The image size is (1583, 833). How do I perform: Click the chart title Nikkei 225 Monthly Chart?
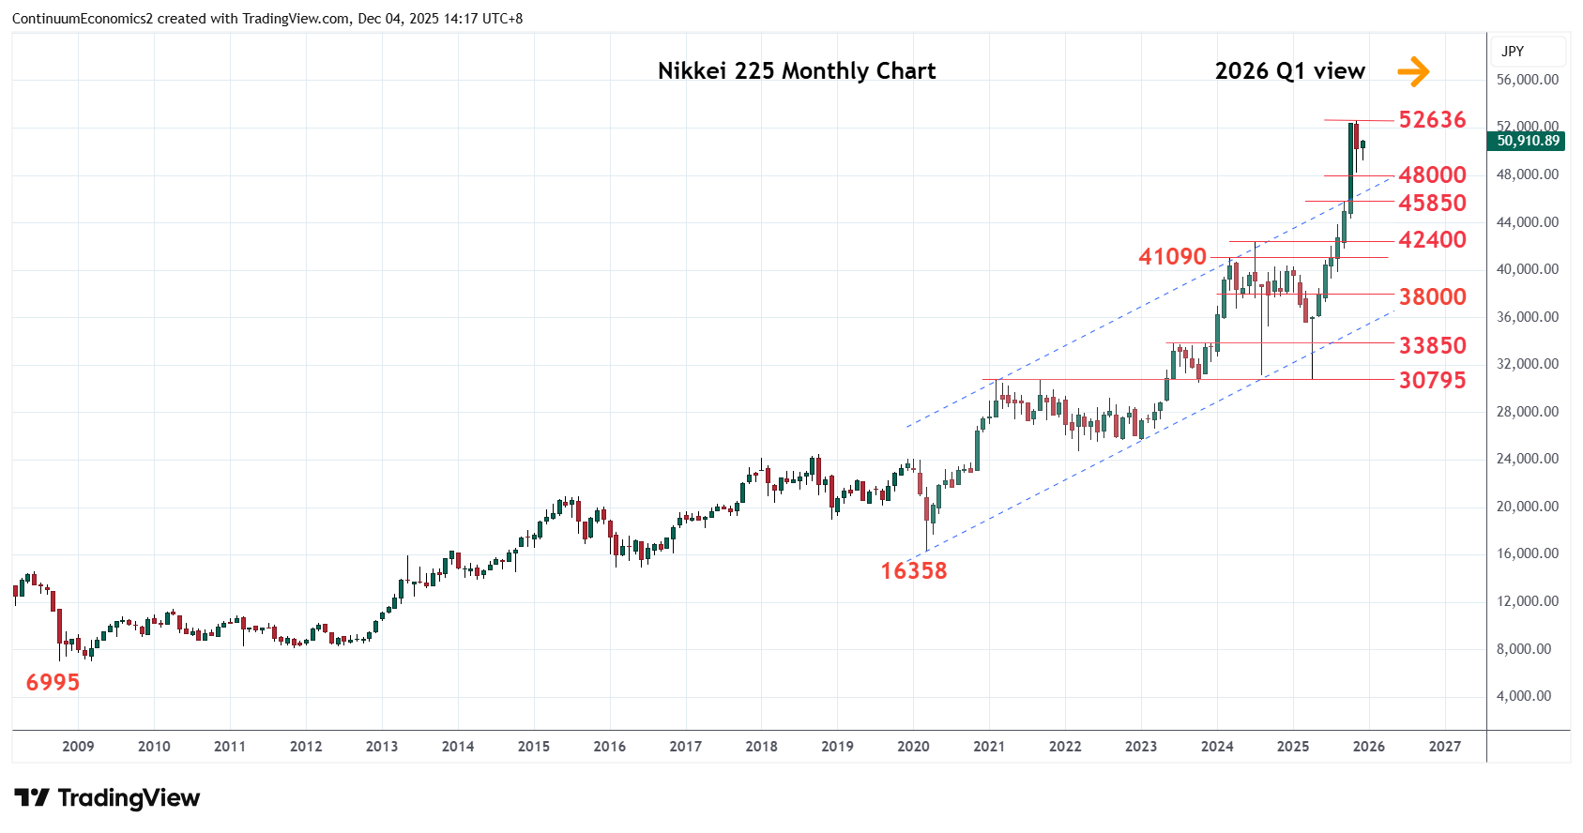[x=797, y=71]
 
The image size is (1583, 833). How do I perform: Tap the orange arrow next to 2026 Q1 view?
[x=1413, y=71]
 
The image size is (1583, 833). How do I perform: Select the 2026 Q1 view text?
[x=1289, y=71]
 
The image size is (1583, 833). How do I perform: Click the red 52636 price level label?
[x=1432, y=120]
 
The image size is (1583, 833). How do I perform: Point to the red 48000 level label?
[x=1432, y=175]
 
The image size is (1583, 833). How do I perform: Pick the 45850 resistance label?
[x=1432, y=204]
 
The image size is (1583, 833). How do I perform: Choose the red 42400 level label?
[x=1432, y=240]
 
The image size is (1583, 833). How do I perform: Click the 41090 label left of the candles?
[x=1172, y=257]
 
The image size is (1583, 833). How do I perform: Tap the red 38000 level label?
[x=1432, y=297]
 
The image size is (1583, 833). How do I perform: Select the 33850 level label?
[x=1432, y=346]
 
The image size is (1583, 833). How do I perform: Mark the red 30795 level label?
[x=1432, y=380]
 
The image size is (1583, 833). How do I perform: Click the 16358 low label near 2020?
[x=913, y=571]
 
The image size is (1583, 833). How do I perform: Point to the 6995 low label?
[x=53, y=683]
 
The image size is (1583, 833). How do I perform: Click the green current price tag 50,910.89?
[x=1528, y=141]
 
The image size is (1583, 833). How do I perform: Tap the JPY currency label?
[x=1513, y=52]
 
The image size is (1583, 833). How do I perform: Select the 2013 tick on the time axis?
[x=382, y=747]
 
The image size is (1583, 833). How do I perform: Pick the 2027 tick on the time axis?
[x=1445, y=747]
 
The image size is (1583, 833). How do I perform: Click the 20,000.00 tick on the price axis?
[x=1528, y=507]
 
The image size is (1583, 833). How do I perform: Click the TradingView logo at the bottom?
[x=108, y=798]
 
